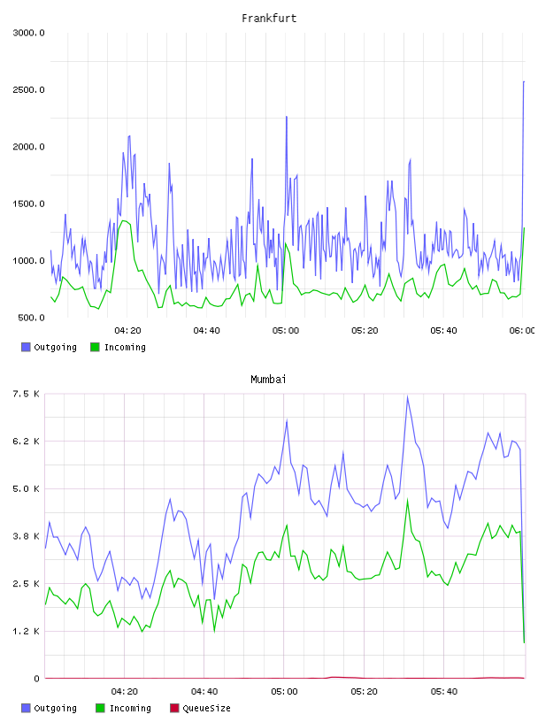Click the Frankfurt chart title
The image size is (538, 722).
[x=269, y=19]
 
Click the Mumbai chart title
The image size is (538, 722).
[x=268, y=380]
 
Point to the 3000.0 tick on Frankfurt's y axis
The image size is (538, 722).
[x=28, y=33]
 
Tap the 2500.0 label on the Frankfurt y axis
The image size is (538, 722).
[x=28, y=89]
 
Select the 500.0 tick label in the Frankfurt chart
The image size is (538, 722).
[x=31, y=318]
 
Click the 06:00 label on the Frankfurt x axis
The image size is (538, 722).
[x=522, y=331]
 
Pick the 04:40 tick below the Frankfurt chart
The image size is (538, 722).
[x=206, y=331]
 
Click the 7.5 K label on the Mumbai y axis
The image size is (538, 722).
[x=27, y=394]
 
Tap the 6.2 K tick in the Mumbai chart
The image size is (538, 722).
[x=27, y=442]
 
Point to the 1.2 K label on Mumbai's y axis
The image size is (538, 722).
[x=27, y=631]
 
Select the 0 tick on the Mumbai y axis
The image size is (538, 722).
[x=37, y=679]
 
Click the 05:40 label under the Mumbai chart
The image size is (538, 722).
[x=444, y=692]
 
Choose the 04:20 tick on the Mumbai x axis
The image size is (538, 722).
[x=125, y=692]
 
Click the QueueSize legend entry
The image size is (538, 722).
[x=200, y=708]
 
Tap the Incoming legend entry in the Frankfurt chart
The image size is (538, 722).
[x=118, y=347]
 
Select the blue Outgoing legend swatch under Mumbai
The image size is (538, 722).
[x=26, y=708]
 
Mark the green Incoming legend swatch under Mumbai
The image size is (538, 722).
[x=100, y=708]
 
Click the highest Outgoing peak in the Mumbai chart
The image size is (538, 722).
[x=407, y=396]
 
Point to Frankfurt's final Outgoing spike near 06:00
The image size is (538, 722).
[x=524, y=82]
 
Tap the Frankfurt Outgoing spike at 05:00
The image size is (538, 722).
[x=287, y=117]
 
